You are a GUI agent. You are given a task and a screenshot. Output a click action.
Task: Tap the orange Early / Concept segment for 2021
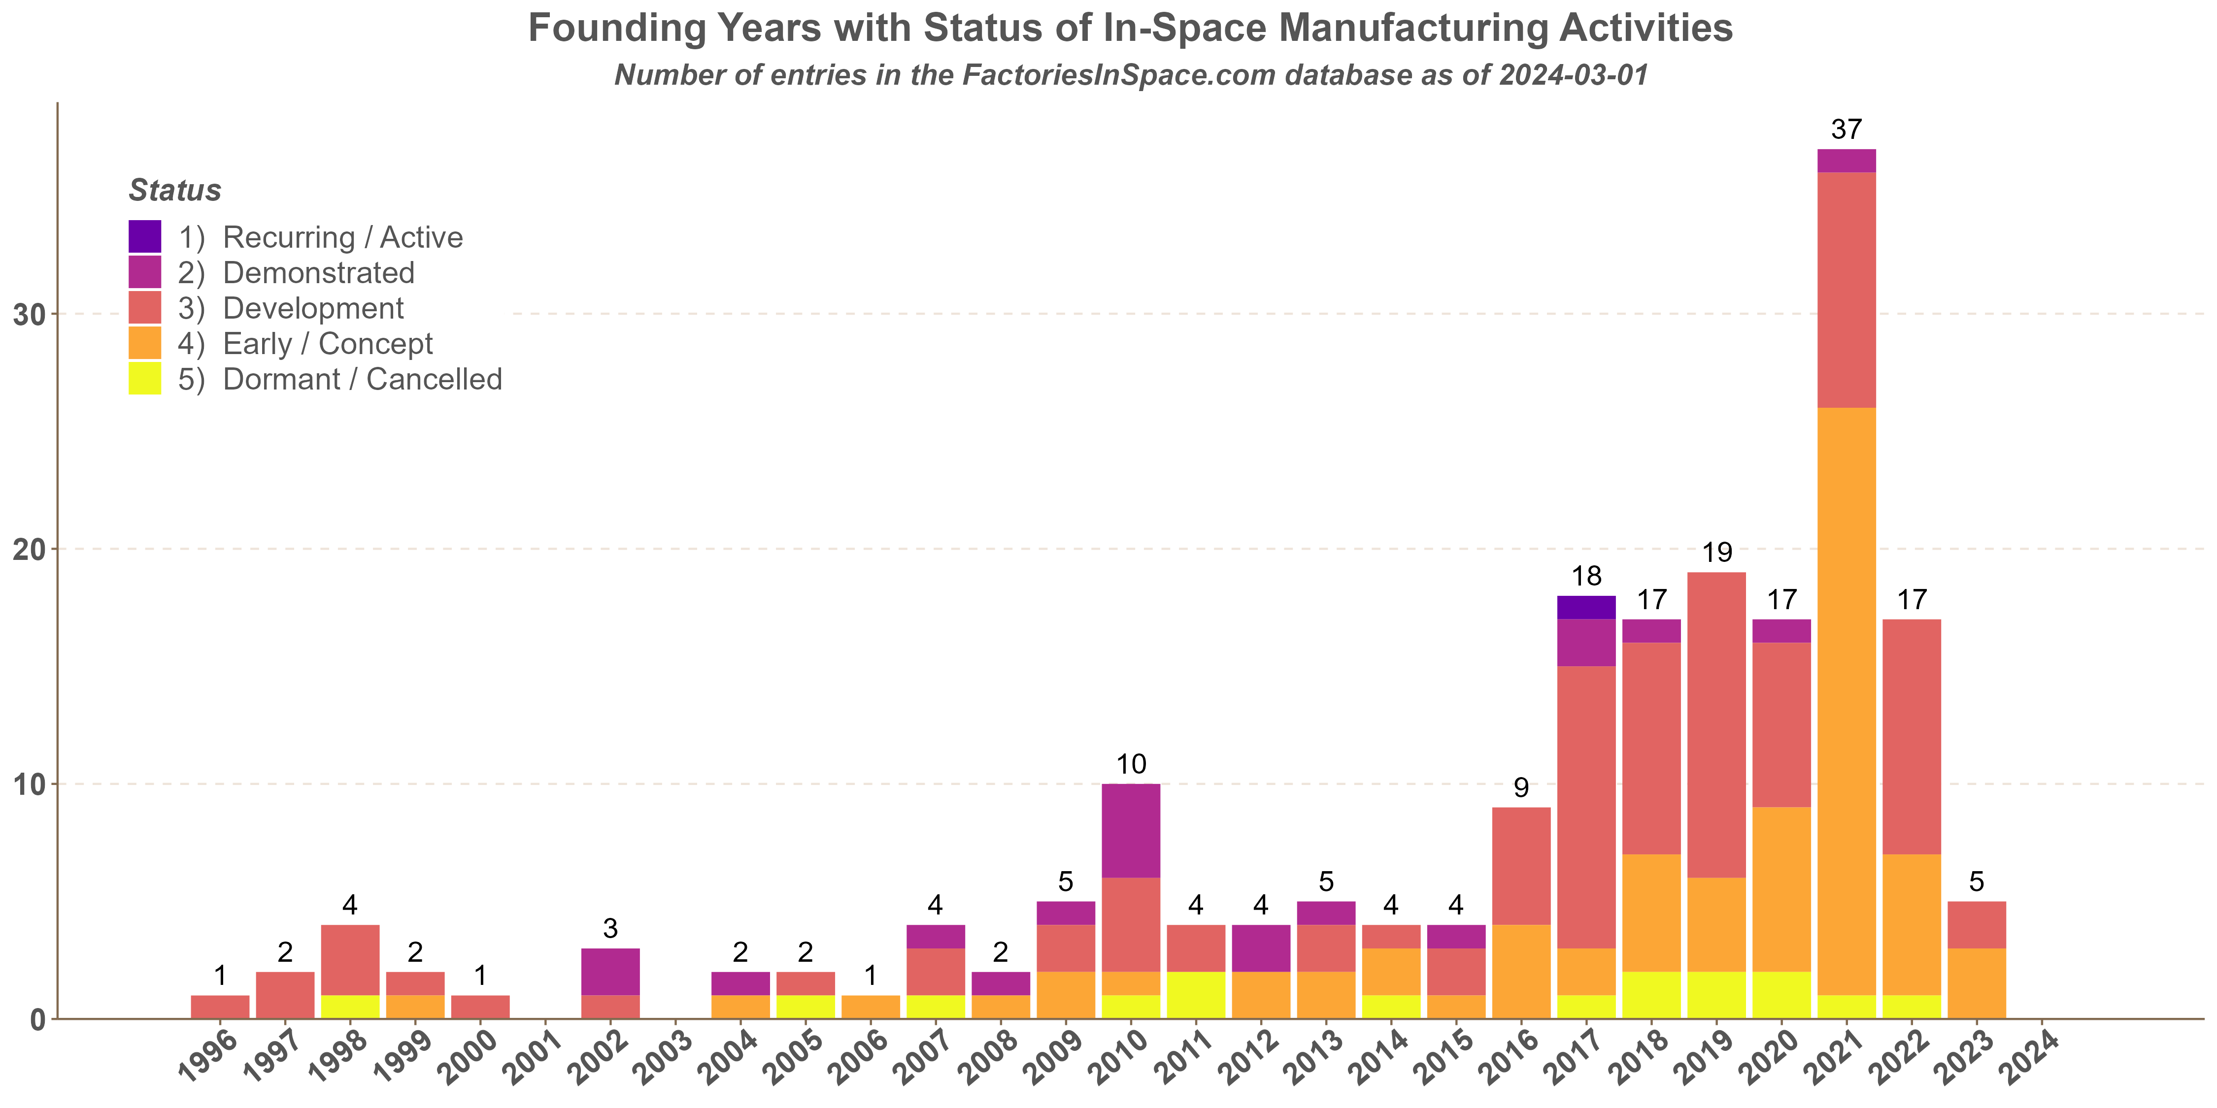tap(1846, 701)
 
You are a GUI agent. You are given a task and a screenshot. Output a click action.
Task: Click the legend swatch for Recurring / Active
tap(144, 236)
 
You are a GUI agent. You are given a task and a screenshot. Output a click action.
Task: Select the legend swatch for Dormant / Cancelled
tap(144, 379)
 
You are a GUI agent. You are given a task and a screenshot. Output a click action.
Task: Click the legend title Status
tap(175, 190)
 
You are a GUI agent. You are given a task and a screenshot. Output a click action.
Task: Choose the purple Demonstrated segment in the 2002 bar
tap(610, 971)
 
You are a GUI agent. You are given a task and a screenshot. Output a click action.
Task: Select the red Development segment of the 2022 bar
tap(1912, 736)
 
